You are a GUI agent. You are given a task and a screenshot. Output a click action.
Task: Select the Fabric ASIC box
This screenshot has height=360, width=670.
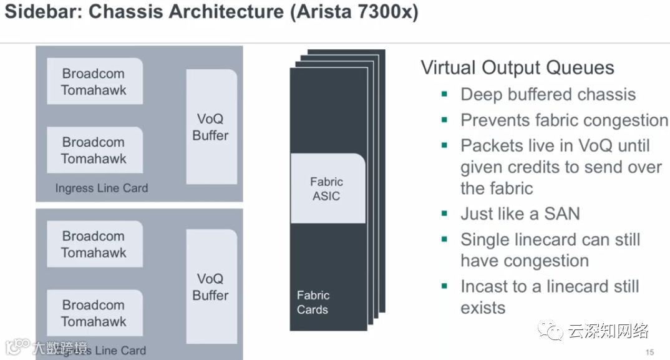[328, 188]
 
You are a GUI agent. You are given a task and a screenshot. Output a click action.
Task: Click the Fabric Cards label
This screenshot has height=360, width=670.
[313, 303]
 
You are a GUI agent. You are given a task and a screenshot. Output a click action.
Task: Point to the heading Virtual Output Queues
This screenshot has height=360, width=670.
[518, 67]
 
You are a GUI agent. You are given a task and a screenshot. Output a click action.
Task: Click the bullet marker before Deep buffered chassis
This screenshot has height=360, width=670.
[445, 94]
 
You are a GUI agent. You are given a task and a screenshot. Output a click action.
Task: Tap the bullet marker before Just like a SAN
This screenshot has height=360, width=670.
[445, 213]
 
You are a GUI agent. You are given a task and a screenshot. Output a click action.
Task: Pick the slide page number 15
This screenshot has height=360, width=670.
[649, 353]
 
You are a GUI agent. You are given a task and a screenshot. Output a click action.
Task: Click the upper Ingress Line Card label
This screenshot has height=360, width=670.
[101, 188]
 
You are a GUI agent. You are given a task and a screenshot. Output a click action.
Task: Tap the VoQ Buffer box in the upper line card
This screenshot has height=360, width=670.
[211, 127]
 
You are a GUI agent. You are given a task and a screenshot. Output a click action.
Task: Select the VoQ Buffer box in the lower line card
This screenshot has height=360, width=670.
[211, 286]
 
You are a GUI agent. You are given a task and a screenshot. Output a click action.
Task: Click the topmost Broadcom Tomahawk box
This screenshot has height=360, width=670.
[94, 82]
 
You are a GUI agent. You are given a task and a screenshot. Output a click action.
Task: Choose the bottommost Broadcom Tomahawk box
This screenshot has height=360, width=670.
[94, 313]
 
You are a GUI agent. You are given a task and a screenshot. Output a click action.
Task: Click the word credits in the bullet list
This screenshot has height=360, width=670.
[561, 167]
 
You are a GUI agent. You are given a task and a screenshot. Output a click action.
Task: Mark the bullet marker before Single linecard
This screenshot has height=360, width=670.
[445, 239]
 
